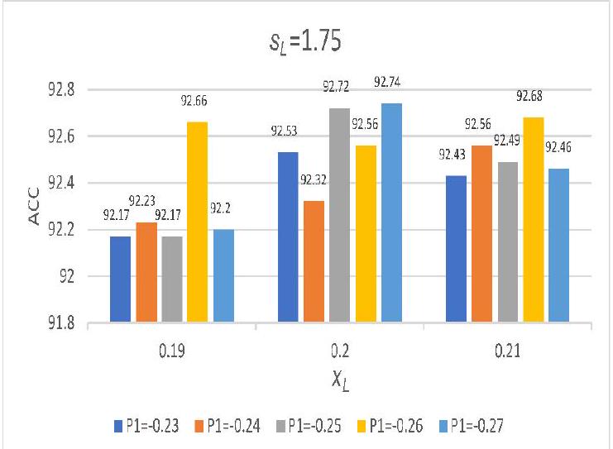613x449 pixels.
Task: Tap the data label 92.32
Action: (314, 179)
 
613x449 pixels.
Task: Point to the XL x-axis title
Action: (339, 381)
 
